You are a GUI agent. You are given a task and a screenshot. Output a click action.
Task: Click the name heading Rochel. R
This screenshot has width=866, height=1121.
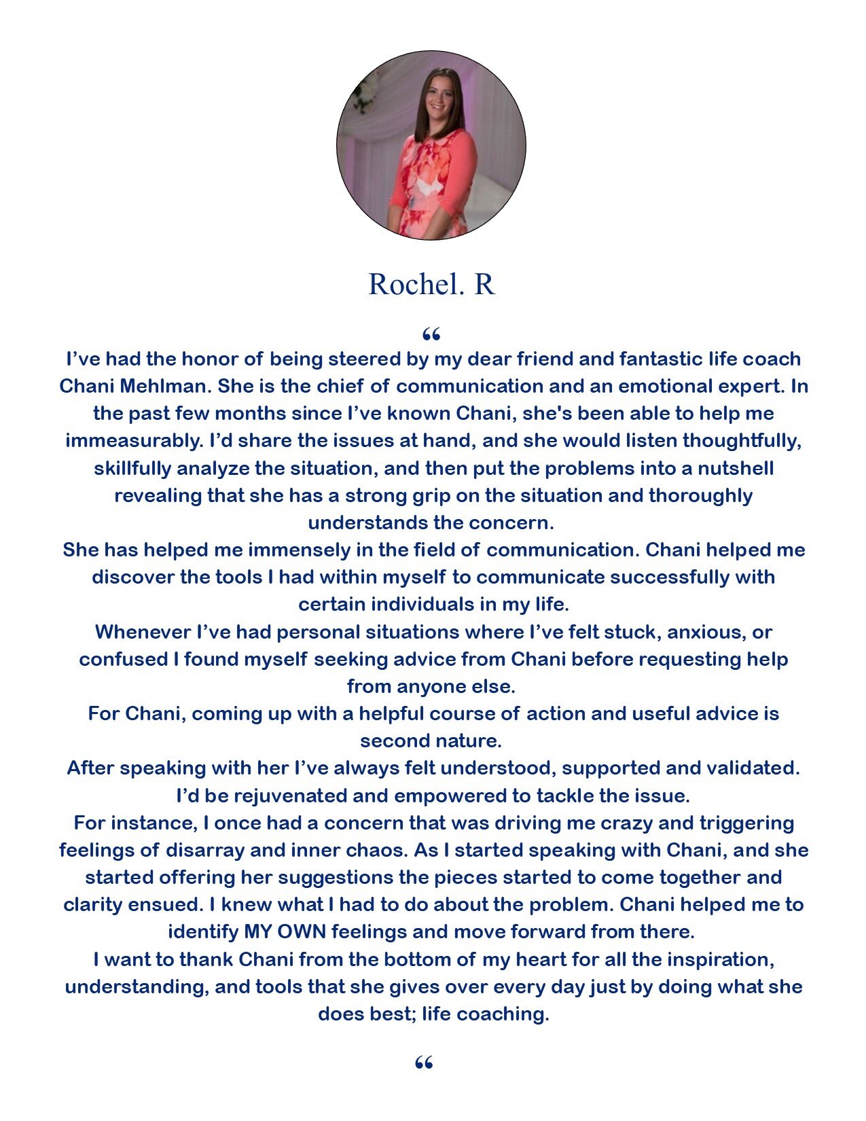coord(432,284)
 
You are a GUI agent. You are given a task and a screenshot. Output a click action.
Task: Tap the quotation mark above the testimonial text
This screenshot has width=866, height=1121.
coord(431,334)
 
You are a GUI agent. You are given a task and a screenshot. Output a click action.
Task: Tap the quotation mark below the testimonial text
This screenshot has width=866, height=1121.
coord(424,1063)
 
